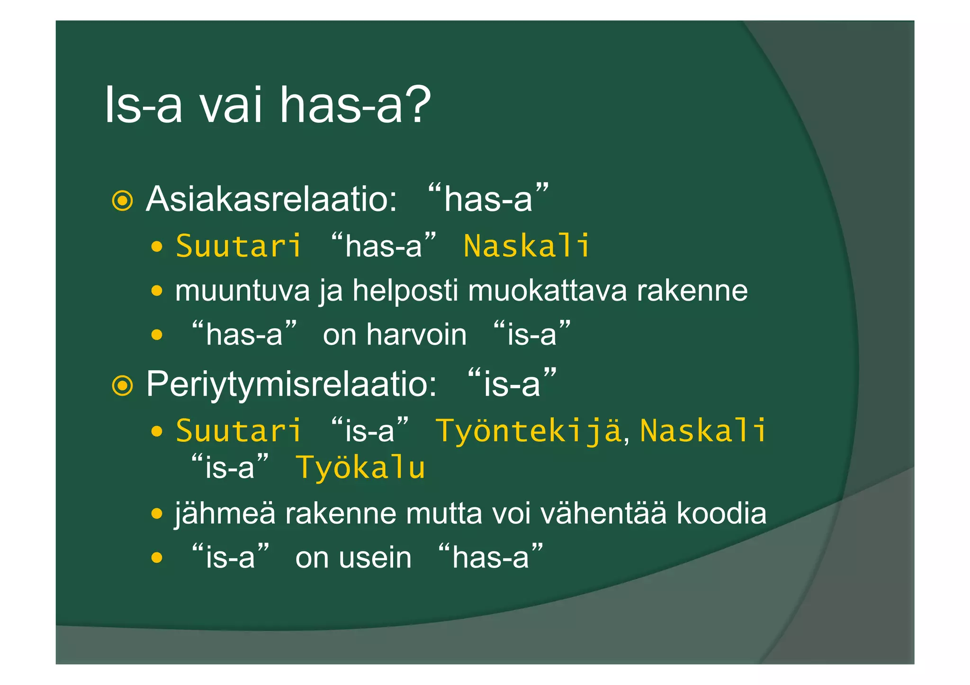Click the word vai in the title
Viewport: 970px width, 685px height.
231,105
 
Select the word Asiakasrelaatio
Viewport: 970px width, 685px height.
271,199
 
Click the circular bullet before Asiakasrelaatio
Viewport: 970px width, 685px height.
122,201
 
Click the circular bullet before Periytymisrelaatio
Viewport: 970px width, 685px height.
122,385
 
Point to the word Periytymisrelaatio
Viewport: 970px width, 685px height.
291,384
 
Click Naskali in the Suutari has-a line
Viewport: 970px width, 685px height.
527,246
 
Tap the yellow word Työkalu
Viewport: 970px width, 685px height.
360,468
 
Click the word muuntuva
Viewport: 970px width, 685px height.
242,291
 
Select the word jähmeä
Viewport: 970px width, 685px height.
225,514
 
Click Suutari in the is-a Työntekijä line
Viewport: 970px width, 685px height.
238,431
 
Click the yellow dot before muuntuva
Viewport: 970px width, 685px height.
157,290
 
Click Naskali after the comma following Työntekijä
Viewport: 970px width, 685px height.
703,431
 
